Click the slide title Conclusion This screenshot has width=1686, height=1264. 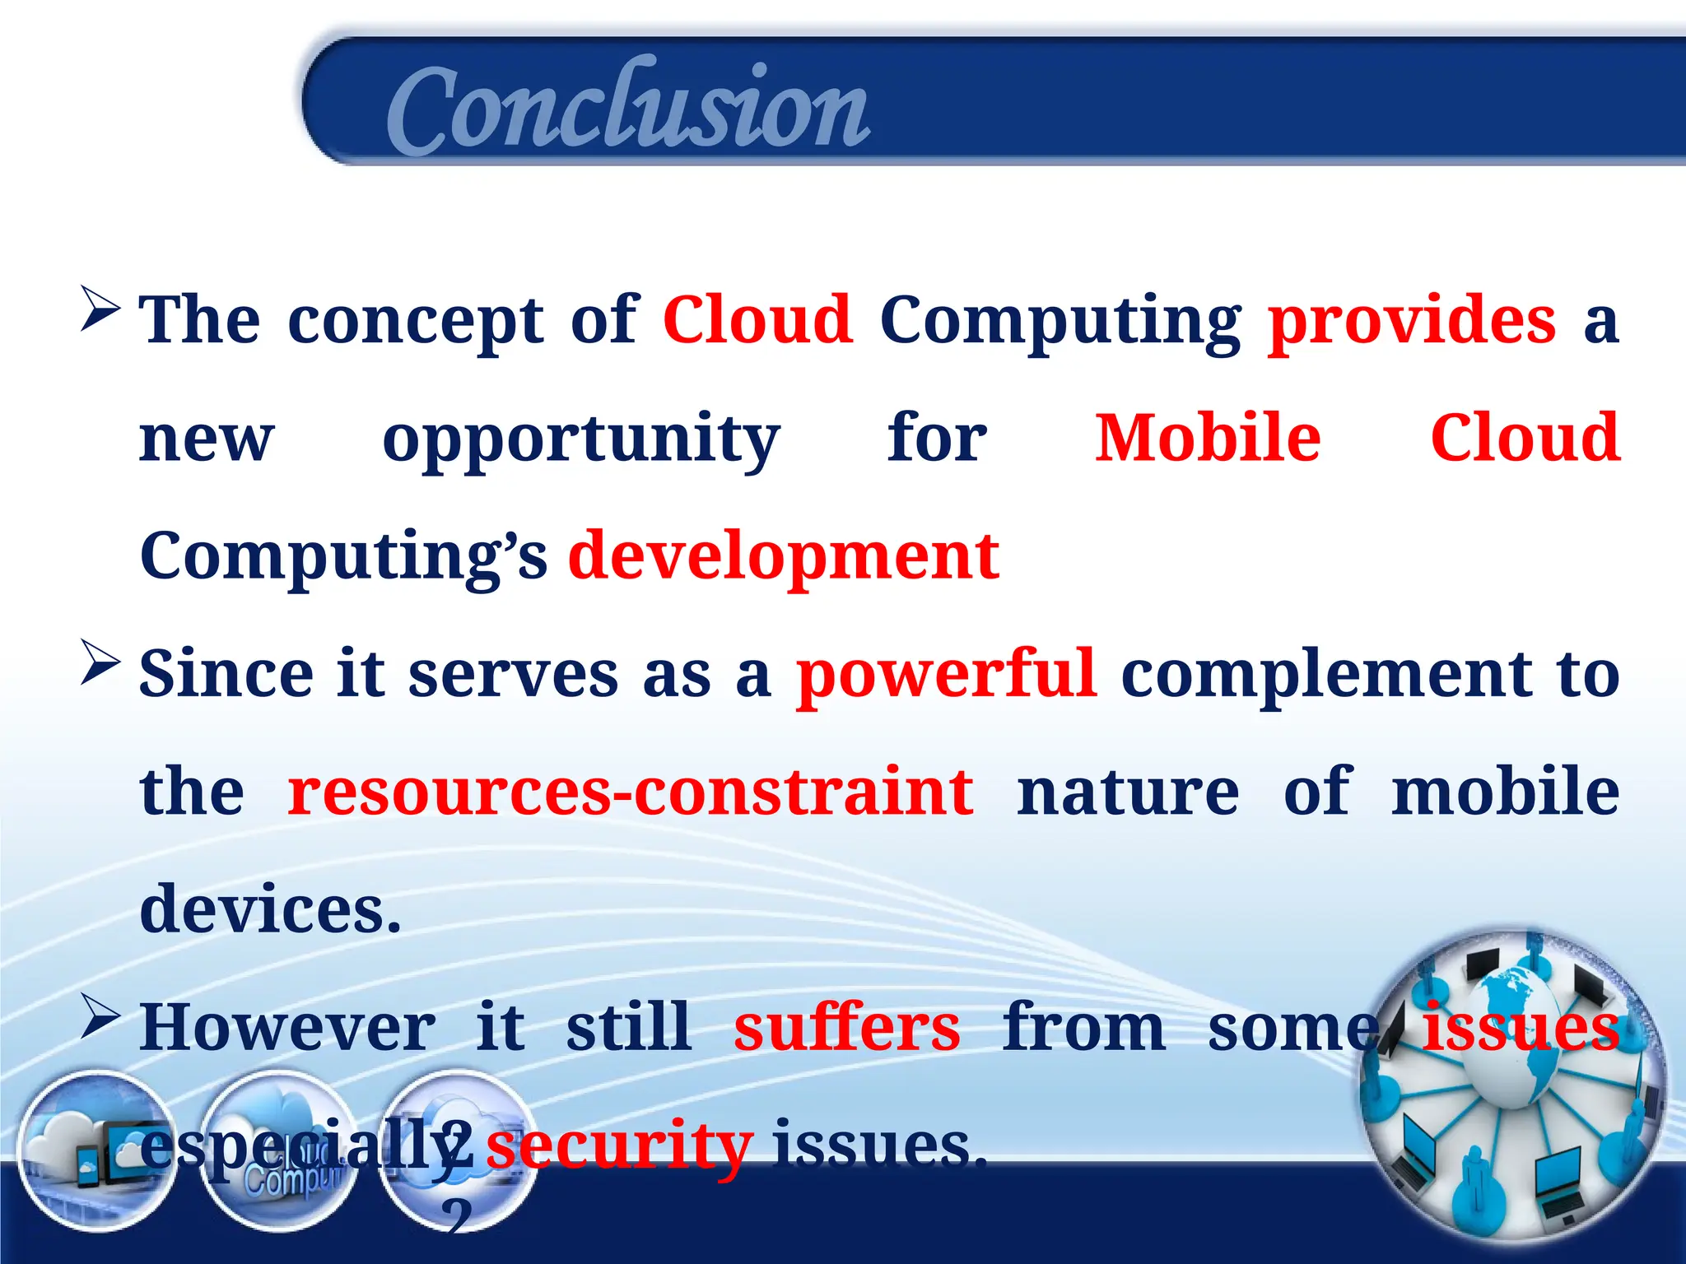627,107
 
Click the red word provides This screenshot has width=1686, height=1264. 1411,321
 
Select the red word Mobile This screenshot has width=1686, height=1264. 1207,439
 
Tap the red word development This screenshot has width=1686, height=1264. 783,557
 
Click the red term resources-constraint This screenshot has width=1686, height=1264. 630,792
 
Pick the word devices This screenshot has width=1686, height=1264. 270,910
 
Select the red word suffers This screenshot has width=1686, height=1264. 846,1029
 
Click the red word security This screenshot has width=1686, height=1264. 618,1146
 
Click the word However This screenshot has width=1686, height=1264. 287,1029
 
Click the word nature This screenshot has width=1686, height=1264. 1127,792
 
